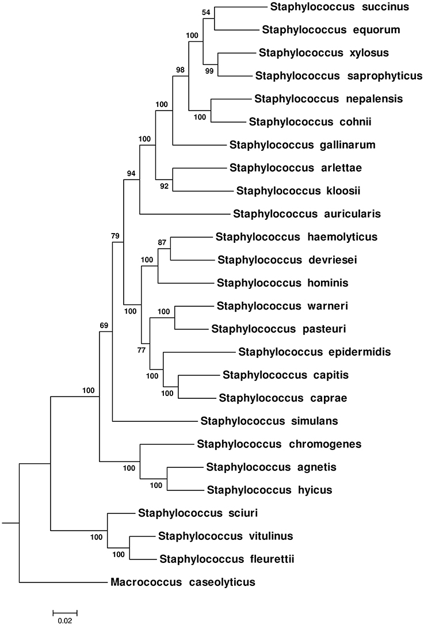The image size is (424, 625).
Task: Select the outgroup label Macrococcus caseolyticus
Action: tap(182, 582)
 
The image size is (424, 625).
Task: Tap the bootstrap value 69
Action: tap(104, 326)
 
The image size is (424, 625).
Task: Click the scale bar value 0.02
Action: tap(65, 620)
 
